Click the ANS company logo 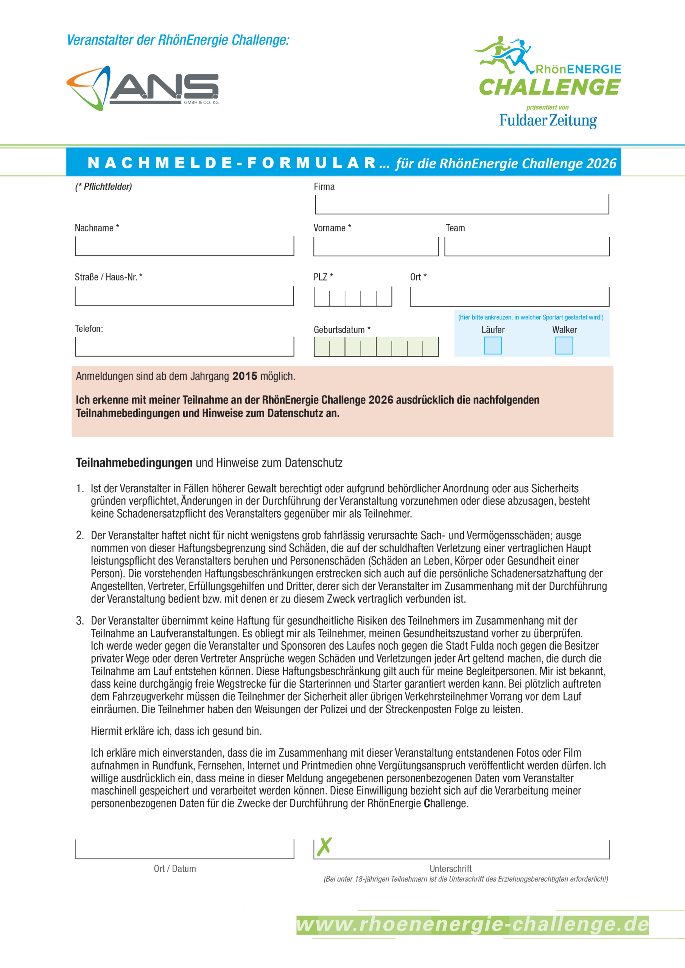click(143, 88)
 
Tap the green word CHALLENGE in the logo click(549, 88)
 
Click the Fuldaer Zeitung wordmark click(548, 121)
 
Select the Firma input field click(462, 205)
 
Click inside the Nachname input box click(184, 246)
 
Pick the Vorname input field click(376, 246)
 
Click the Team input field click(527, 246)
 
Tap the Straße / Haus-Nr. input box click(184, 296)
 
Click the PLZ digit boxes click(353, 297)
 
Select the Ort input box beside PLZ click(509, 297)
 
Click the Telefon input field click(184, 347)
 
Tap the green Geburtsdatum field click(376, 347)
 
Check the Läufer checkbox click(492, 346)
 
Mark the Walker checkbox click(564, 346)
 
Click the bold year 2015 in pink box click(244, 376)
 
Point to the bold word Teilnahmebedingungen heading click(134, 463)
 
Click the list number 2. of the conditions click(80, 535)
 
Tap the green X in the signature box click(324, 847)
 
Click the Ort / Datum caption click(175, 869)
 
